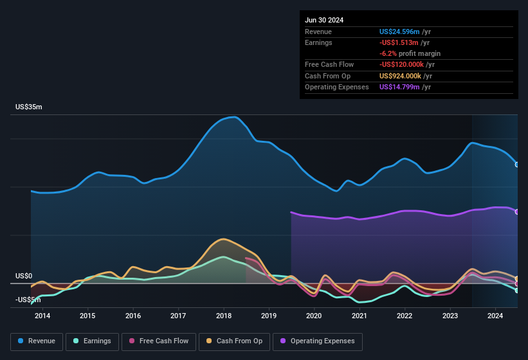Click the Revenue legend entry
pos(37,341)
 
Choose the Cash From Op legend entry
pos(234,341)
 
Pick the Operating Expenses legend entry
pos(317,341)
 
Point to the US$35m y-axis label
pos(29,107)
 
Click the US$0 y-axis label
pos(24,276)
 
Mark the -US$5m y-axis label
pos(29,300)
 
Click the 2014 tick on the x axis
pos(42,316)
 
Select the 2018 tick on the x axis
pos(224,316)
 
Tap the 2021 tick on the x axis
pos(360,316)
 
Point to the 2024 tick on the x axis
pos(495,316)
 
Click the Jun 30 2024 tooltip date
pos(324,20)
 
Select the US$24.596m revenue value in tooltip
pos(399,32)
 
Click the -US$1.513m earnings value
pos(399,42)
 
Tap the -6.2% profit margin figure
pos(388,53)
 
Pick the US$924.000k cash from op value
pos(403,76)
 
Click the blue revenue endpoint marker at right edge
pos(517,165)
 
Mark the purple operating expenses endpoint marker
pos(517,212)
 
